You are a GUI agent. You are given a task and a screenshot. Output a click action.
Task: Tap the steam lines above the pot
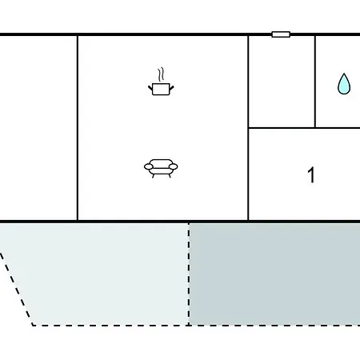coord(161,74)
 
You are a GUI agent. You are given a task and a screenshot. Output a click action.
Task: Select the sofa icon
coord(161,168)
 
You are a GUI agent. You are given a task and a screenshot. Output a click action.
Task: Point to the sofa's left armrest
coord(149,167)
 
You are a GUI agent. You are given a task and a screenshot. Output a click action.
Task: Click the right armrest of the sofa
coord(174,167)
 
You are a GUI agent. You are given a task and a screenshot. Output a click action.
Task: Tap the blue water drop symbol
coord(344,84)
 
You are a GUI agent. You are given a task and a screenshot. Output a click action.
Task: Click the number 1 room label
coord(311,175)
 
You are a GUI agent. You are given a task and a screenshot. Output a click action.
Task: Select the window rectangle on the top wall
coord(281,34)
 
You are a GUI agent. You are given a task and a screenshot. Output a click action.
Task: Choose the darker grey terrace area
coord(274,274)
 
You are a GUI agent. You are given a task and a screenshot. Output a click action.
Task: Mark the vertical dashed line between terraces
coord(189,274)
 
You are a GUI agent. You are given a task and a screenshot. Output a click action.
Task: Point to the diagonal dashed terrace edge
coord(17,290)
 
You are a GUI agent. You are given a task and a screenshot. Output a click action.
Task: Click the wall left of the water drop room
coord(315,82)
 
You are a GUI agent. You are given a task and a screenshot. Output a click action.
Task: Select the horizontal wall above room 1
coord(304,128)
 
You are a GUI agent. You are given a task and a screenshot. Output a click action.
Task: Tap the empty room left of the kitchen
coord(38,128)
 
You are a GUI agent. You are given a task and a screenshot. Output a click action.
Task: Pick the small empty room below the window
coord(282,82)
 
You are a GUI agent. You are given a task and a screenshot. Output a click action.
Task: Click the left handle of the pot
coord(150,87)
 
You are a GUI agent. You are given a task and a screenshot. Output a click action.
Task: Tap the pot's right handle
coord(172,87)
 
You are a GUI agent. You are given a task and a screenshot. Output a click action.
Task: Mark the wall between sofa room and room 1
coord(248,128)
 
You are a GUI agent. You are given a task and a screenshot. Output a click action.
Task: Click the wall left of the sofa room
coord(78,128)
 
